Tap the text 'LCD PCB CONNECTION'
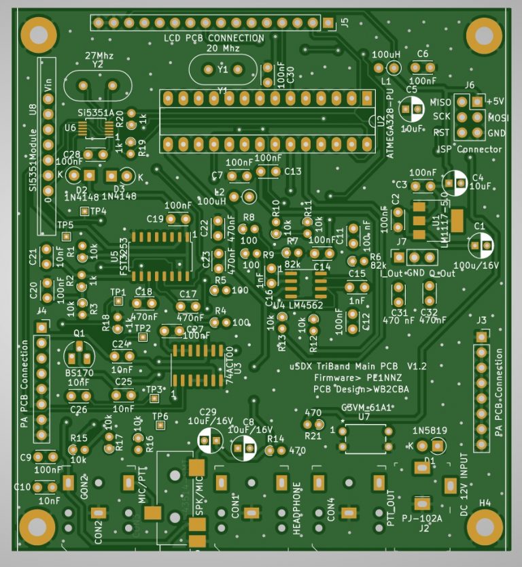(214, 38)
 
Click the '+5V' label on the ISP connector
(495, 101)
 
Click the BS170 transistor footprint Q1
(79, 354)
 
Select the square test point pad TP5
(66, 236)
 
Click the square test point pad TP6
(160, 425)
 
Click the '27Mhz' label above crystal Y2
(99, 54)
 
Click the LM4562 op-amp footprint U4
(302, 280)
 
